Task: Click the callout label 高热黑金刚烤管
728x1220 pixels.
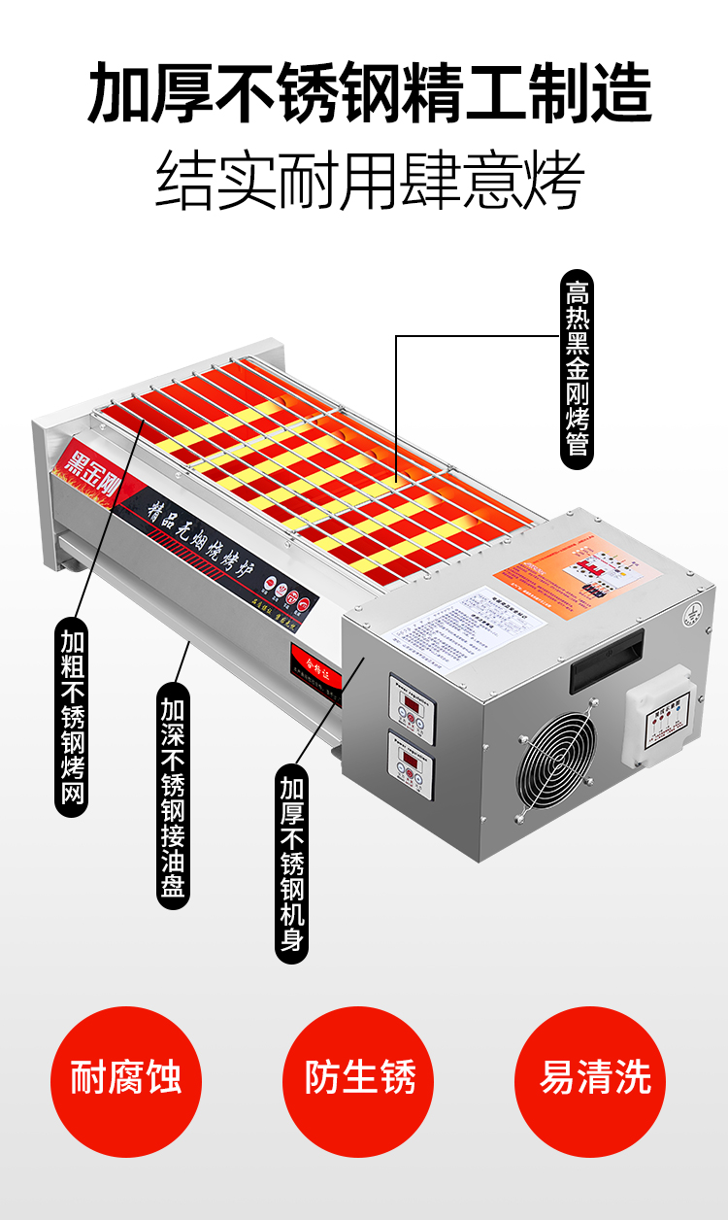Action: [578, 369]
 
